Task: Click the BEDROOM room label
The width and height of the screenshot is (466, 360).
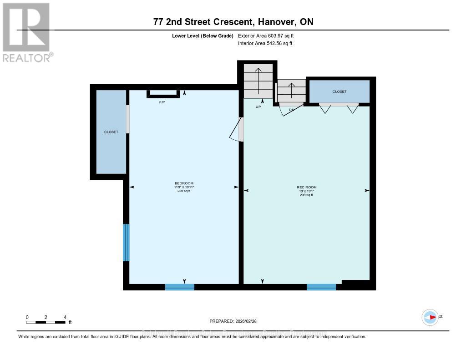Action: [x=184, y=183]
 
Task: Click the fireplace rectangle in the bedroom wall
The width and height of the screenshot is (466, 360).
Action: [x=162, y=94]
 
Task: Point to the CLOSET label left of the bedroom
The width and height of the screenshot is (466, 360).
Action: [x=111, y=132]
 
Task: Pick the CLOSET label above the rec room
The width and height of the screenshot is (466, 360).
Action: [x=339, y=91]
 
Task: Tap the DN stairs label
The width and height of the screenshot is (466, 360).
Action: [x=292, y=110]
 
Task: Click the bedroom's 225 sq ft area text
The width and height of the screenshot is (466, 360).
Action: [x=184, y=191]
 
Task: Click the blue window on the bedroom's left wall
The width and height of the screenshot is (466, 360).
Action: [x=126, y=243]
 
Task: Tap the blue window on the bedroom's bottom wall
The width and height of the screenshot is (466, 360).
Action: [x=179, y=287]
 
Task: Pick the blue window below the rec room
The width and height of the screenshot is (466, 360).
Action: [x=321, y=287]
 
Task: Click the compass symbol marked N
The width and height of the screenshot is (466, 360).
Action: [x=430, y=317]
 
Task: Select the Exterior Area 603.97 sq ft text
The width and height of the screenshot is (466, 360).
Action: [x=269, y=35]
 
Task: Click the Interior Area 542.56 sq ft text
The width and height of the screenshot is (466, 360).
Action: [x=265, y=44]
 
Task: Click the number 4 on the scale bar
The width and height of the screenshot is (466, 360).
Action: [x=65, y=317]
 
